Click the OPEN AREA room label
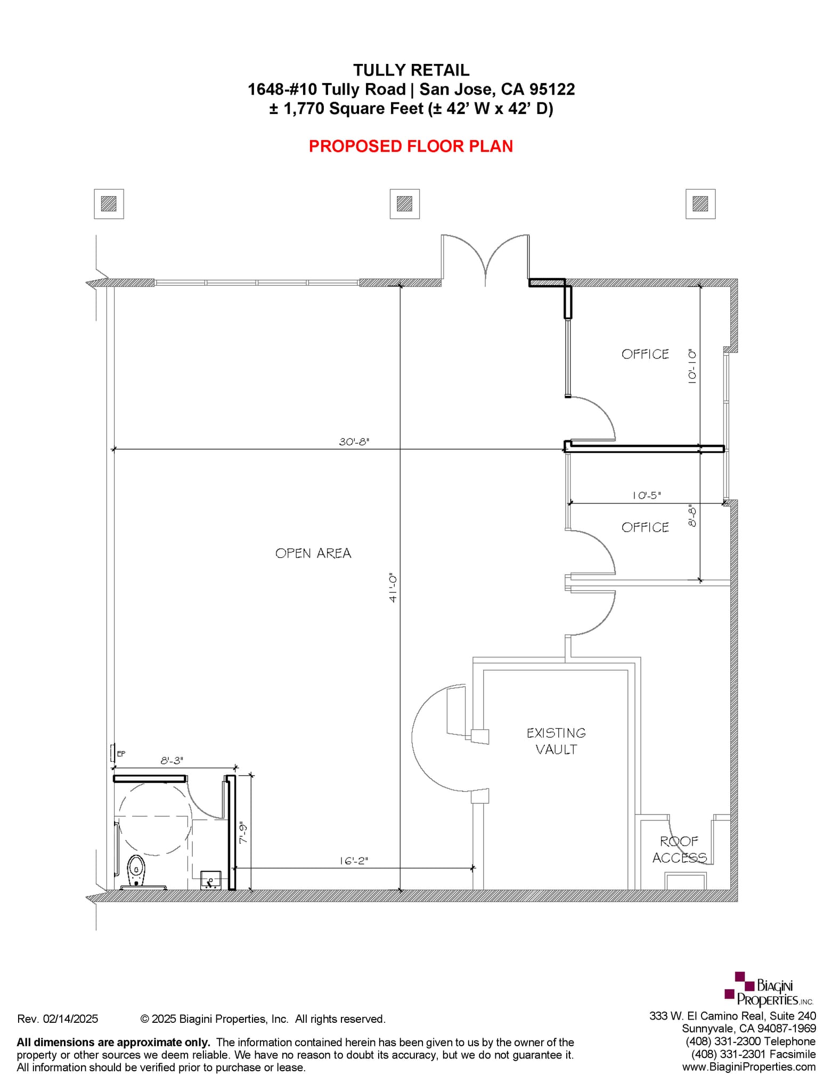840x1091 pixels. pyautogui.click(x=313, y=553)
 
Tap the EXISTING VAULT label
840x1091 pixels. pyautogui.click(x=556, y=741)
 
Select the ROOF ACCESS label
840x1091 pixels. pyautogui.click(x=679, y=849)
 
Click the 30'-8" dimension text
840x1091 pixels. pyautogui.click(x=354, y=442)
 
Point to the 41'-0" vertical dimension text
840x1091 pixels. pyautogui.click(x=393, y=588)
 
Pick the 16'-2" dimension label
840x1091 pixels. pyautogui.click(x=354, y=860)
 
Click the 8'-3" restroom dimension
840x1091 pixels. pyautogui.click(x=172, y=761)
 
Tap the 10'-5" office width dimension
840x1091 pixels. pyautogui.click(x=647, y=495)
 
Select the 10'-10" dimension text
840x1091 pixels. pyautogui.click(x=692, y=367)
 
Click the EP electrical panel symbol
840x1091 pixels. pyautogui.click(x=113, y=753)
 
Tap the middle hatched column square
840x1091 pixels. pyautogui.click(x=404, y=203)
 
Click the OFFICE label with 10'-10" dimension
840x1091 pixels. pyautogui.click(x=645, y=354)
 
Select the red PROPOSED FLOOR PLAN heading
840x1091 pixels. pyautogui.click(x=411, y=146)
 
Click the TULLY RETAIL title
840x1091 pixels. pyautogui.click(x=411, y=70)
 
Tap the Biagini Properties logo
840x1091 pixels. pyautogui.click(x=769, y=990)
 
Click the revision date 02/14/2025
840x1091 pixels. pyautogui.click(x=70, y=1019)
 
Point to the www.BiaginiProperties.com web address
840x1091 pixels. pyautogui.click(x=748, y=1066)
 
